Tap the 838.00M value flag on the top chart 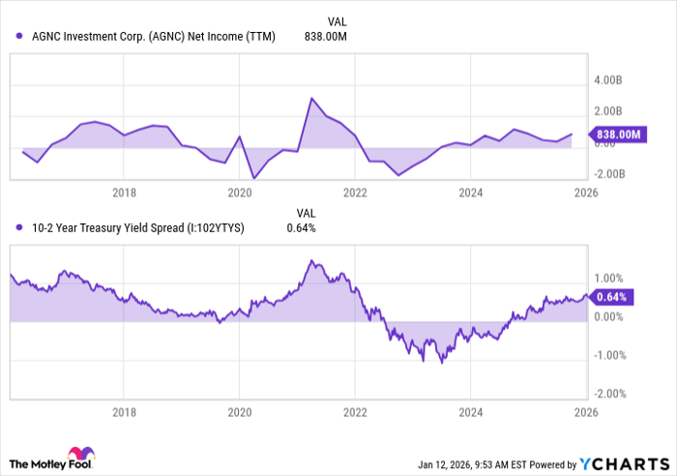616,134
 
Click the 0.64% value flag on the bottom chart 612,297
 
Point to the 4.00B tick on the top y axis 610,80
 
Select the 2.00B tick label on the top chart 610,111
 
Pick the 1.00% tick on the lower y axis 611,278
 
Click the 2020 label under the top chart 239,193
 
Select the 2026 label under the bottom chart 585,410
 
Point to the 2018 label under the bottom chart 124,410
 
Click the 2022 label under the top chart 355,193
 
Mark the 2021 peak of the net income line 311,98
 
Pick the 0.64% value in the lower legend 301,228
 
